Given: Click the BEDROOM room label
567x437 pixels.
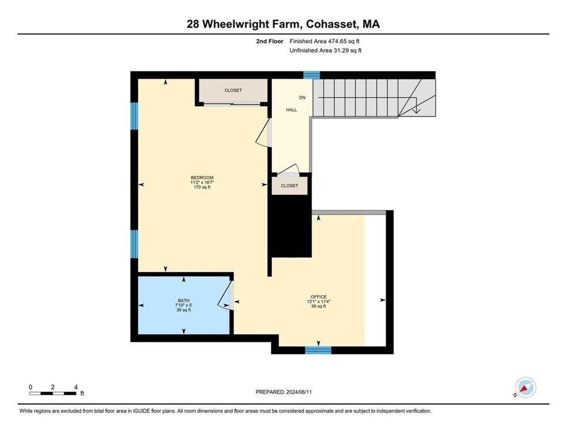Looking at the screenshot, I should click(202, 177).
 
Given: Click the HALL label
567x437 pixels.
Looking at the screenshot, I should click(292, 110).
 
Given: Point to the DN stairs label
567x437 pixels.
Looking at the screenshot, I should click(302, 97).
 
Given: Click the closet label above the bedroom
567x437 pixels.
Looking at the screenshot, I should click(233, 91).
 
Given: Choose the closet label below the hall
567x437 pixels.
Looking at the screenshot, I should click(289, 186).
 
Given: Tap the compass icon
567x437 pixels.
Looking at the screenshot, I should click(525, 388).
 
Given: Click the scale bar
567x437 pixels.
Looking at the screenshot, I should click(53, 393).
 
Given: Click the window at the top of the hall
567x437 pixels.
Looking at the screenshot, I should click(311, 75).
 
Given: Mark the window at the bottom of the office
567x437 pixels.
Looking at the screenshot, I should click(318, 350).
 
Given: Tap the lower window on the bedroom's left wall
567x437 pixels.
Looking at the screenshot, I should click(134, 243).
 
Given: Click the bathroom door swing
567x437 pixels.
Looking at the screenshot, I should click(226, 295).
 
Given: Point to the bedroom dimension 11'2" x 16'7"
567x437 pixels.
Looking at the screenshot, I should click(202, 182).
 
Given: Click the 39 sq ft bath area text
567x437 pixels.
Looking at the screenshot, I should click(183, 310).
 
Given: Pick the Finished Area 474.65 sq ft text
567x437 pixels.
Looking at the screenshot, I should click(325, 42).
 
